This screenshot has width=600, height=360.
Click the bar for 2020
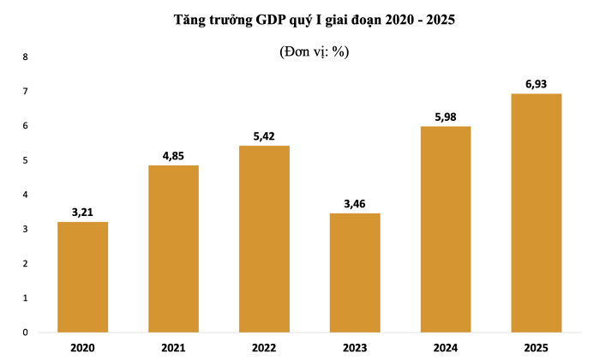(83, 277)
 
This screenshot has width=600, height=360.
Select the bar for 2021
(173, 249)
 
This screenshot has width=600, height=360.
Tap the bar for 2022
(264, 239)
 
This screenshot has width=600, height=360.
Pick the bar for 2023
(355, 273)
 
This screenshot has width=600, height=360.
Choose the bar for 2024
(446, 229)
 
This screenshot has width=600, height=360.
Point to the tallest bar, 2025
(537, 213)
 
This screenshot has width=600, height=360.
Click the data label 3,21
(83, 212)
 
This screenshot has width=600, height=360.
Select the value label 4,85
(173, 155)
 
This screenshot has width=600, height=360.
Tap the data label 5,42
(264, 135)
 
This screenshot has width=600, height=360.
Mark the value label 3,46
(355, 203)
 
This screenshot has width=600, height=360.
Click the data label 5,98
(446, 117)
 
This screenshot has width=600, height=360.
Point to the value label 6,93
(537, 83)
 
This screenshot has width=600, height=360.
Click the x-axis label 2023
(355, 348)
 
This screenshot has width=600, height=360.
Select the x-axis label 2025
(537, 348)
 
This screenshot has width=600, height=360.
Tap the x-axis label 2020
(83, 348)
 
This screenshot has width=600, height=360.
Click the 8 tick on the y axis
(25, 57)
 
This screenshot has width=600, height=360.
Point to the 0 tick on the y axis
(25, 333)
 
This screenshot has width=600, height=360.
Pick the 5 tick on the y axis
(25, 160)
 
